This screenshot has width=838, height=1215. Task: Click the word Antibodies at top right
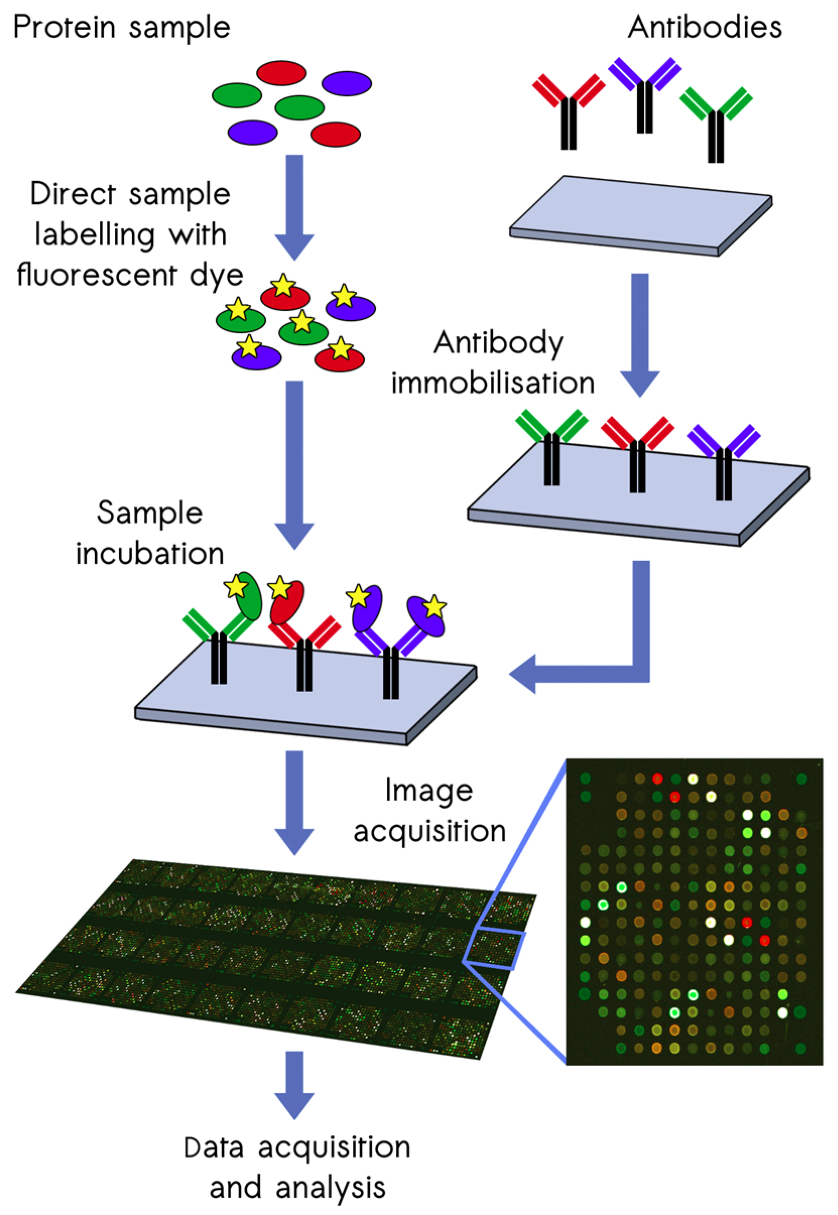(704, 27)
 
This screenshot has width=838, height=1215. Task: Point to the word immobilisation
(493, 383)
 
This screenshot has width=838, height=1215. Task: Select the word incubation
(150, 553)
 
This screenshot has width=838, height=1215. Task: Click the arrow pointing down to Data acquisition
(295, 1087)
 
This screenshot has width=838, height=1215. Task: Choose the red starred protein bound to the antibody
(287, 601)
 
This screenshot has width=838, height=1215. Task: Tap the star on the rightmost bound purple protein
(435, 607)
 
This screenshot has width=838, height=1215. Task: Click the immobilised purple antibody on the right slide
(724, 456)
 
